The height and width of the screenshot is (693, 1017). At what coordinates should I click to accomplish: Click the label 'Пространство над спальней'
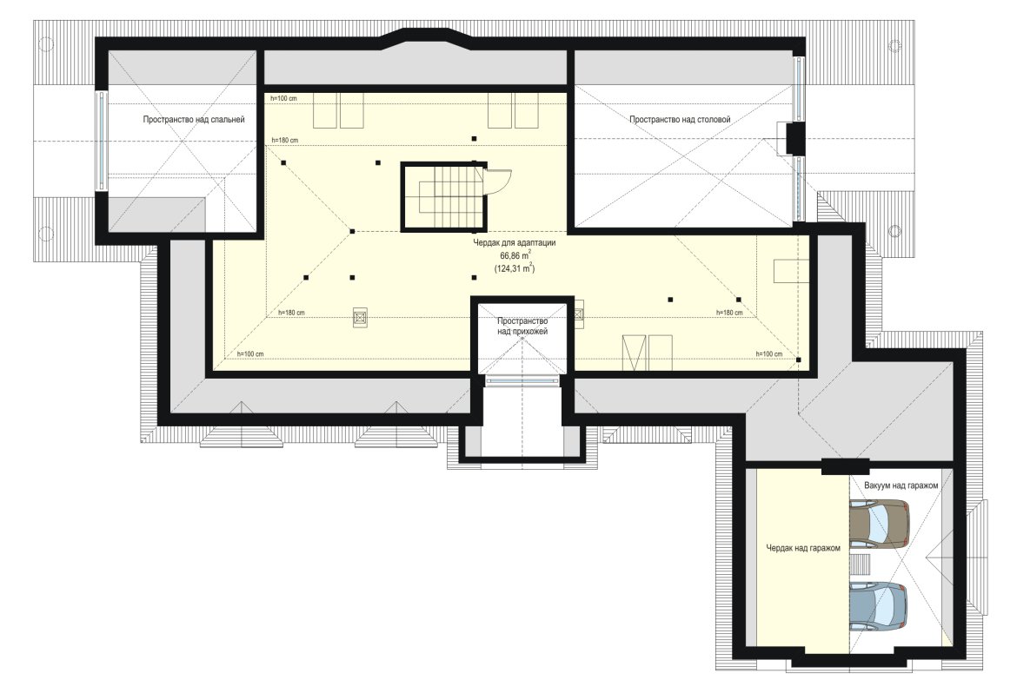[193, 119]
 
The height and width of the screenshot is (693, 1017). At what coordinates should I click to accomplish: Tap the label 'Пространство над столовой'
[680, 119]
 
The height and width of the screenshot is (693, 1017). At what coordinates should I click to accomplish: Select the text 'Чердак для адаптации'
[515, 243]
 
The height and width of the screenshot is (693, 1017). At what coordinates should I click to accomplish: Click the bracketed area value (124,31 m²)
[515, 267]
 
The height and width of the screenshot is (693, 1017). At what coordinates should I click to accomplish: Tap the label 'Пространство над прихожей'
[522, 326]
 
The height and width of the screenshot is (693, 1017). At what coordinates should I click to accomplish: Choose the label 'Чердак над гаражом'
[803, 548]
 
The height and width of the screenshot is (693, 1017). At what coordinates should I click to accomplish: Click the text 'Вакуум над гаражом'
[901, 485]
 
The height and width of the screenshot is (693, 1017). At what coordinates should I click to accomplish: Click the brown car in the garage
[880, 524]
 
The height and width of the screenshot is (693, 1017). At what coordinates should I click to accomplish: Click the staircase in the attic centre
[443, 196]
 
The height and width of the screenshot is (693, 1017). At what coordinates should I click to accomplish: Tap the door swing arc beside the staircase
[498, 181]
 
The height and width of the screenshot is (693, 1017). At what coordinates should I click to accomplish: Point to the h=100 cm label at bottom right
[769, 354]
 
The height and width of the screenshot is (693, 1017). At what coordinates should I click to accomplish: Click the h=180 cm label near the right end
[729, 313]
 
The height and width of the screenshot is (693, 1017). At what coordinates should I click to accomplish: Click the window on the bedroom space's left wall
[101, 141]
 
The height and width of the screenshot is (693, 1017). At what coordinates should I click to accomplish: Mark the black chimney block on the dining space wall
[794, 138]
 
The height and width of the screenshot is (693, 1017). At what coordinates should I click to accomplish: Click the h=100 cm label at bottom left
[250, 354]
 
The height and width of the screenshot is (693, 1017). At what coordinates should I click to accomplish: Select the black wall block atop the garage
[846, 466]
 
